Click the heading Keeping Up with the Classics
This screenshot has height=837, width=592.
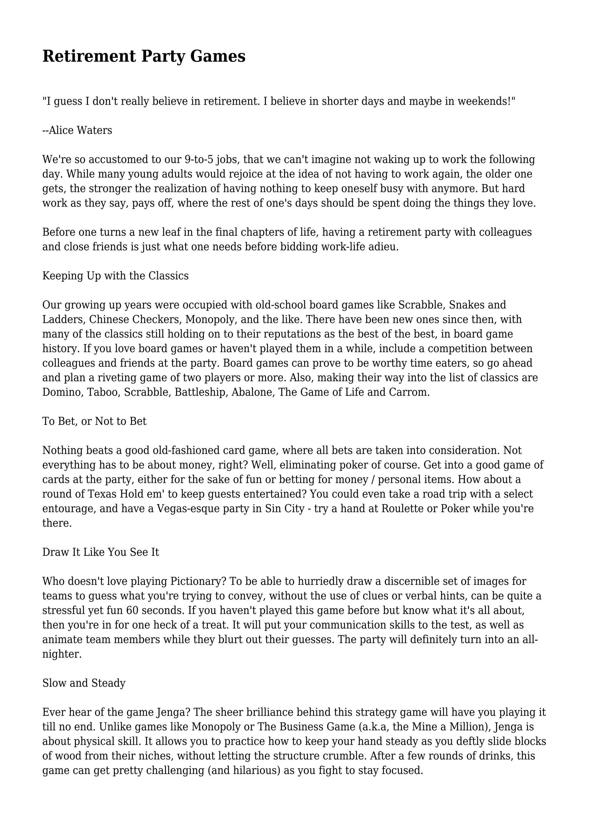115,276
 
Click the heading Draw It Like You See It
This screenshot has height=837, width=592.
101,552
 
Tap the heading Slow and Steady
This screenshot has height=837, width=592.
84,683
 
